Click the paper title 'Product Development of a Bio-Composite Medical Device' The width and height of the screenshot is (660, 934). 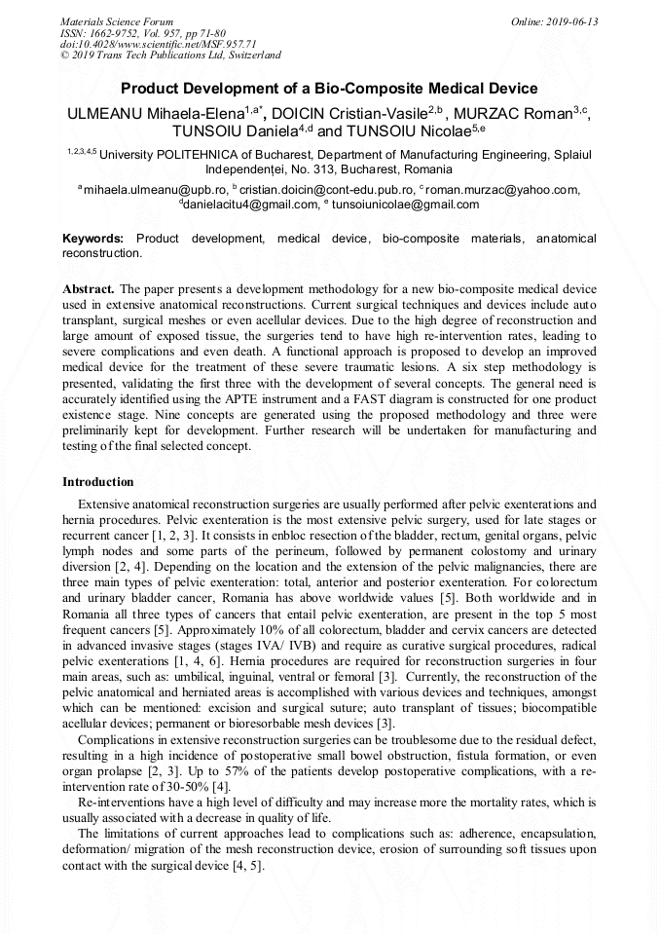coord(329,89)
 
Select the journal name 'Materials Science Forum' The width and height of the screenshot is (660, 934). coord(117,21)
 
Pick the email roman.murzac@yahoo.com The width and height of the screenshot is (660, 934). coord(502,190)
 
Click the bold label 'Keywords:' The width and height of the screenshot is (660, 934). coord(93,239)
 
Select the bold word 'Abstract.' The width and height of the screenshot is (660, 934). coord(89,290)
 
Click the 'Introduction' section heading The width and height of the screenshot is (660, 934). coord(98,482)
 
